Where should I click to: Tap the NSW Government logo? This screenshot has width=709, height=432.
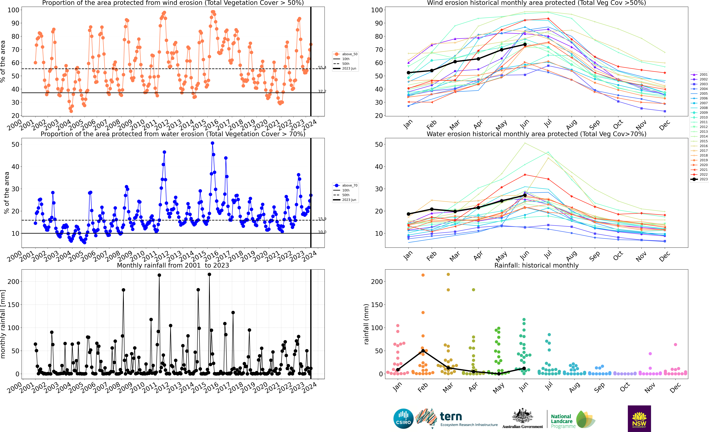tap(639, 418)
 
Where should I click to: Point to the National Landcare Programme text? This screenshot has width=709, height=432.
tap(563, 421)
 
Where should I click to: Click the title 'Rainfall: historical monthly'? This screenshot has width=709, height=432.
tap(536, 265)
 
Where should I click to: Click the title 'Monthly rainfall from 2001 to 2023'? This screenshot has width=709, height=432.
tap(173, 265)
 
